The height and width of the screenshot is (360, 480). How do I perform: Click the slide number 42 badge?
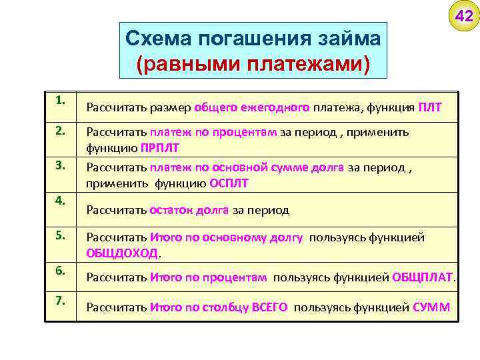[x=464, y=16]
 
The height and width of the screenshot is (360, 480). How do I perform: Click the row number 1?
[x=61, y=100]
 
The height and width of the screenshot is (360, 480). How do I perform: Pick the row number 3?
[x=61, y=165]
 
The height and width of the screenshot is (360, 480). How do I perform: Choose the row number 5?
[x=61, y=235]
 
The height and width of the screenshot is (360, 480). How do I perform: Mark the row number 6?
[x=61, y=269]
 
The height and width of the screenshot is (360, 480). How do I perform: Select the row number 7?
[x=61, y=300]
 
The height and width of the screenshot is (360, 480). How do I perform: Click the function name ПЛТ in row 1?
[x=430, y=107]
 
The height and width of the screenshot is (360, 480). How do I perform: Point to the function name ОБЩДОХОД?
[x=122, y=253]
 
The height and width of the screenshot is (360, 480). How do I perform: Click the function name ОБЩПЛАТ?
[x=422, y=277]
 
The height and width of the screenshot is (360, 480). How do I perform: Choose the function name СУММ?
[x=431, y=307]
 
